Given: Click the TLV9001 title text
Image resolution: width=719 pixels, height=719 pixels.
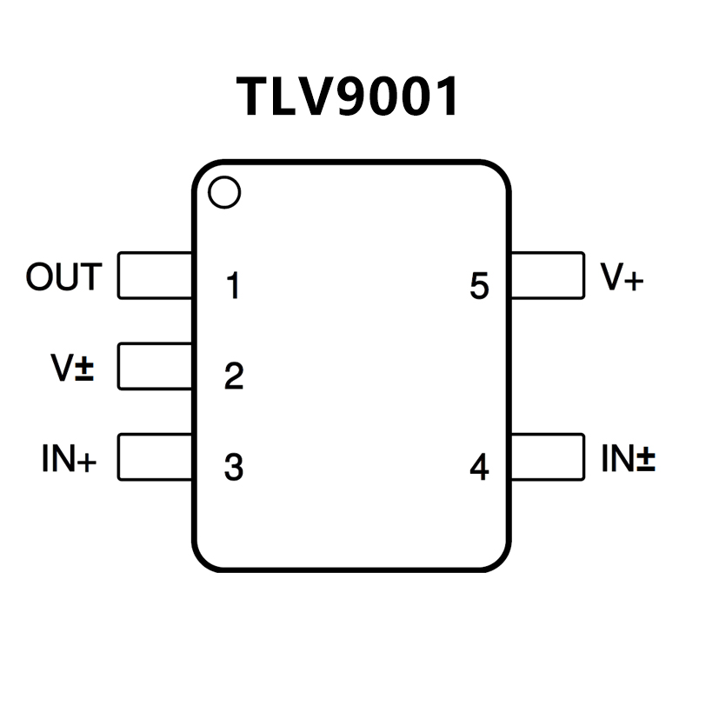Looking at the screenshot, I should click(348, 97).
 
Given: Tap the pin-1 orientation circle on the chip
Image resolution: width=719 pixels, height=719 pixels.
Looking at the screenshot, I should click(224, 192).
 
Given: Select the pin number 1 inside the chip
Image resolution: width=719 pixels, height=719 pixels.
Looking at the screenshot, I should click(232, 286).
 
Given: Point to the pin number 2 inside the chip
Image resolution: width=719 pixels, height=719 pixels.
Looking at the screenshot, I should click(233, 376).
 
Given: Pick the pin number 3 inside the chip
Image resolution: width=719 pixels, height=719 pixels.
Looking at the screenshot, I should click(233, 467).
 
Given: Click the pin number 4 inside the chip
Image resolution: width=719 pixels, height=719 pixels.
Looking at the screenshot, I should click(479, 468).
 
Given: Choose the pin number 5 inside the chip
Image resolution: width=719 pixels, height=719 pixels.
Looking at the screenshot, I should click(479, 286).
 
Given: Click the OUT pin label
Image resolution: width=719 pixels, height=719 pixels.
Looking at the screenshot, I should click(63, 277).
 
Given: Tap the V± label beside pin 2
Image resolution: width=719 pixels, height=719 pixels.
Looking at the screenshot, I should click(72, 368).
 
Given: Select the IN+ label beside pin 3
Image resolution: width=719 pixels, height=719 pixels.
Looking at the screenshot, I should click(69, 459).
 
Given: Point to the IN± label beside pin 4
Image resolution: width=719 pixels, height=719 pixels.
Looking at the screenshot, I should click(628, 458).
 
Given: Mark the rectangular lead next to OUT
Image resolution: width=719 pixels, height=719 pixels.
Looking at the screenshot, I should click(155, 276).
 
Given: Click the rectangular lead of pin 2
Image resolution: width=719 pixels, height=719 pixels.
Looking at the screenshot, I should click(155, 366).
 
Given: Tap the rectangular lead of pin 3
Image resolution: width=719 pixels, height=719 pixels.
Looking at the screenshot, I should click(155, 456).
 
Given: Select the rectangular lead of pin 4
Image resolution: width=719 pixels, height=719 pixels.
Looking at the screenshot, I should click(548, 456).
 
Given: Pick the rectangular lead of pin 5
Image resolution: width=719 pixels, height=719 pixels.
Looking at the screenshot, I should click(548, 276).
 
